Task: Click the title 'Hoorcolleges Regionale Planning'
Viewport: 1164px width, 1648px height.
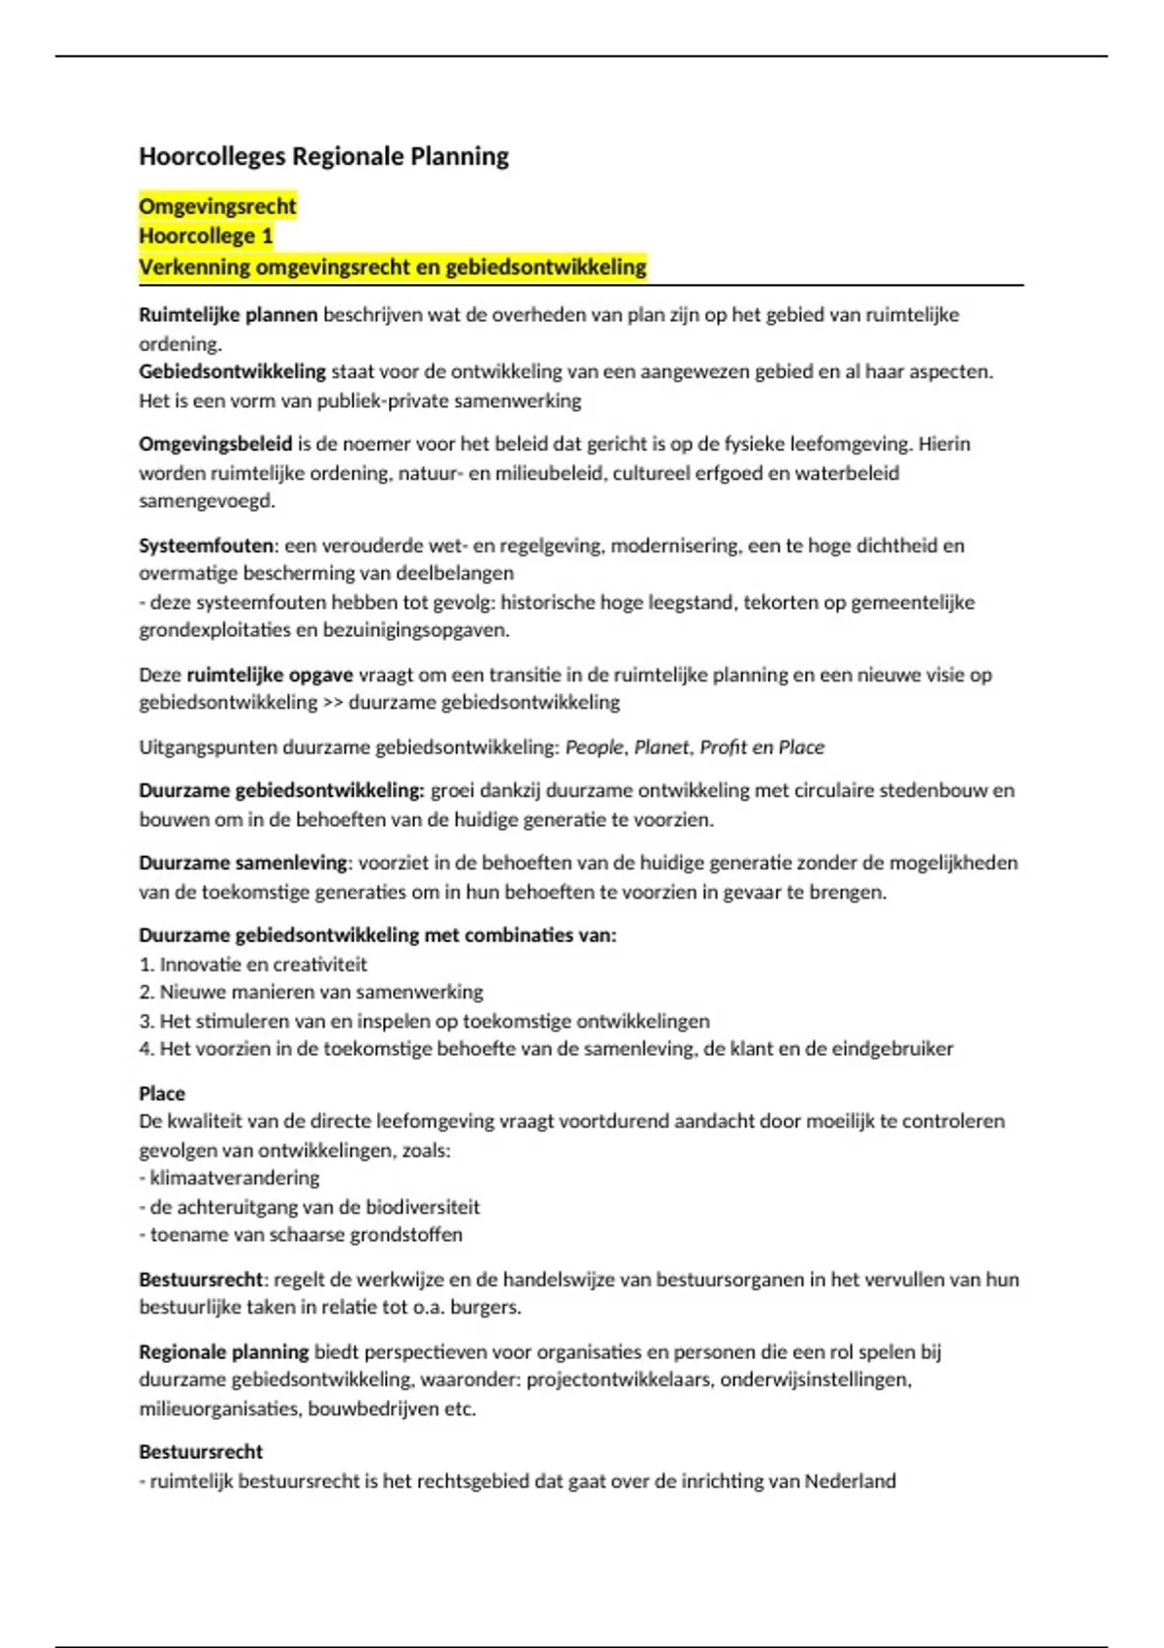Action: pos(324,156)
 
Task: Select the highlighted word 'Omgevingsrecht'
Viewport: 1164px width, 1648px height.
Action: pos(217,206)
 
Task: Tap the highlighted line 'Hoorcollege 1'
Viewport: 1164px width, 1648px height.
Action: pos(206,236)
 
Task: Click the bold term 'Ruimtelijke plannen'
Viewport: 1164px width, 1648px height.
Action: pos(228,314)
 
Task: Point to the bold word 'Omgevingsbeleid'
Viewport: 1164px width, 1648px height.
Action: pos(215,444)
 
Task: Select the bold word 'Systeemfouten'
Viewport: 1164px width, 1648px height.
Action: pos(206,545)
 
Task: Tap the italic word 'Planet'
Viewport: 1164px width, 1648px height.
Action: pos(661,746)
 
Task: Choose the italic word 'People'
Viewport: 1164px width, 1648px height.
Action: pos(595,746)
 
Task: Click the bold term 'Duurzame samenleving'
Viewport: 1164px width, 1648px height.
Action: pos(242,862)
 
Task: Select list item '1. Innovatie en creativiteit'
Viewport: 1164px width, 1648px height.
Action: pos(253,964)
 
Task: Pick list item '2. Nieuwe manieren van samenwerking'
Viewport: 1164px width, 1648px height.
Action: pos(311,992)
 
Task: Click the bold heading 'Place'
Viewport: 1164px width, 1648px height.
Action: pos(162,1093)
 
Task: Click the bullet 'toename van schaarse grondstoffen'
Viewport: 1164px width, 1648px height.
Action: pos(305,1234)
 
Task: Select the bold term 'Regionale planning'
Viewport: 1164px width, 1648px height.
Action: pos(223,1351)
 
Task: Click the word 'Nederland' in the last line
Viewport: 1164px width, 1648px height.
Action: pos(850,1480)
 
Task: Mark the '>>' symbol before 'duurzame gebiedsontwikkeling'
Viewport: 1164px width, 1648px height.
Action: pos(333,702)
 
